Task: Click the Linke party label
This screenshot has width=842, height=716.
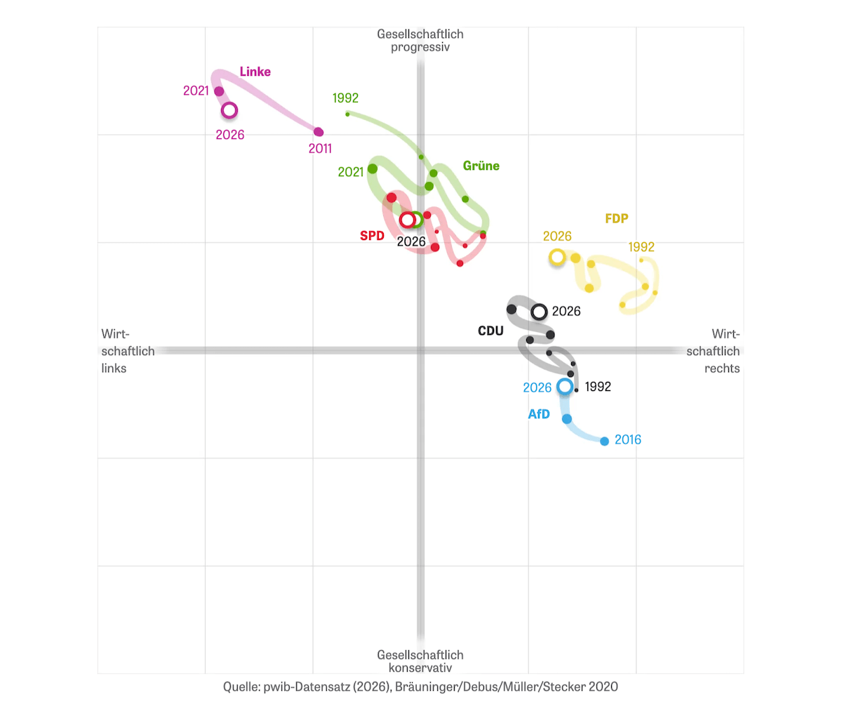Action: pos(255,72)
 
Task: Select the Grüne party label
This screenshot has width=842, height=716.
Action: pos(481,166)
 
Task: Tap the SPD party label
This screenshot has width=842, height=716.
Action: pos(372,236)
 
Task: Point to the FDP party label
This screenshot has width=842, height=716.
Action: pos(616,218)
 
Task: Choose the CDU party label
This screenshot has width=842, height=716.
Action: pos(490,331)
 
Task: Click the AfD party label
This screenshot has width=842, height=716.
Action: pos(538,414)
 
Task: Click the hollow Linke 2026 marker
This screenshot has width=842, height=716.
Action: pos(229,110)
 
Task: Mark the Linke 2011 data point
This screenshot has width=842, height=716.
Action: pos(319,132)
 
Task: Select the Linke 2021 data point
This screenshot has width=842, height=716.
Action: pos(219,91)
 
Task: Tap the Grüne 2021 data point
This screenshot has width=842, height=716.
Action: pos(373,168)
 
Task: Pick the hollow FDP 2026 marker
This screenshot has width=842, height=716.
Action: pos(557,257)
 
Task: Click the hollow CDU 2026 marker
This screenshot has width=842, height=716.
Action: pos(539,312)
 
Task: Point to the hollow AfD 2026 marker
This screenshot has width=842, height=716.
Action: pos(564,386)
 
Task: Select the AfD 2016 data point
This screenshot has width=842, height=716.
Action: pos(605,441)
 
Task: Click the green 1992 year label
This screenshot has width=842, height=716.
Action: pos(345,98)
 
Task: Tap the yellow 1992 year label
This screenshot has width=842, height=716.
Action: pos(641,246)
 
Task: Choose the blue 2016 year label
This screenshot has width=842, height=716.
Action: pos(627,439)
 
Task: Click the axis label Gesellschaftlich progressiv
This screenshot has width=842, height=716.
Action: pos(420,41)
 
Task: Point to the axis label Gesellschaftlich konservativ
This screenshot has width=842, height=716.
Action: pos(420,661)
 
